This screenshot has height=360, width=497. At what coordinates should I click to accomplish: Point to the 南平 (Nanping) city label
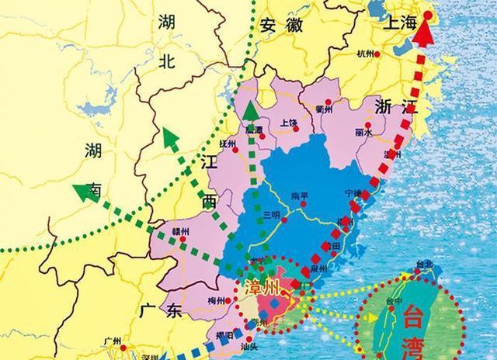click(299, 195)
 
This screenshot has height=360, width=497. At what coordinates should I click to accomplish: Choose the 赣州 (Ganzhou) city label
click(182, 229)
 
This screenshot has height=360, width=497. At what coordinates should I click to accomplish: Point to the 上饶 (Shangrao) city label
click(289, 123)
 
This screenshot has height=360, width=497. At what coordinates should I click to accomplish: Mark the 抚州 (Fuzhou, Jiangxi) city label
click(228, 143)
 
